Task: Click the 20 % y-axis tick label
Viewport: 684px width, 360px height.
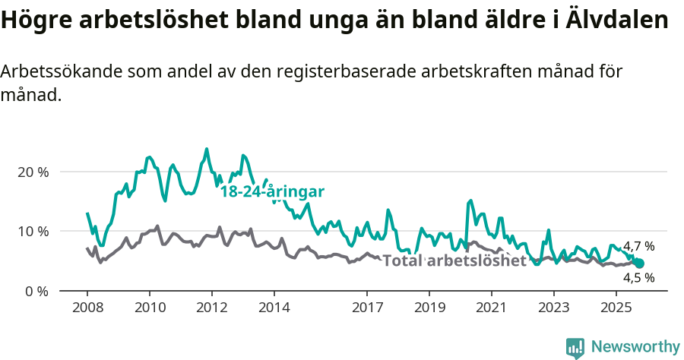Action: pos(32,172)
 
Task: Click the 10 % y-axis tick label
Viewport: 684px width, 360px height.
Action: pos(32,231)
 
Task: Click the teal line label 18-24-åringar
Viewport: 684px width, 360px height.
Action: pos(272,191)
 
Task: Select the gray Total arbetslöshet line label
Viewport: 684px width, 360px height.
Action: pos(454,261)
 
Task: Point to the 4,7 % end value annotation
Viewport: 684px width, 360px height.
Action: pos(638,246)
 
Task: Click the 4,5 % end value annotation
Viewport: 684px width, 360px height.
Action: pos(638,278)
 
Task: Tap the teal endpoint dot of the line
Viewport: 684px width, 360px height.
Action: pos(639,263)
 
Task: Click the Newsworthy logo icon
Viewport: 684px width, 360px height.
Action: pos(575,347)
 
